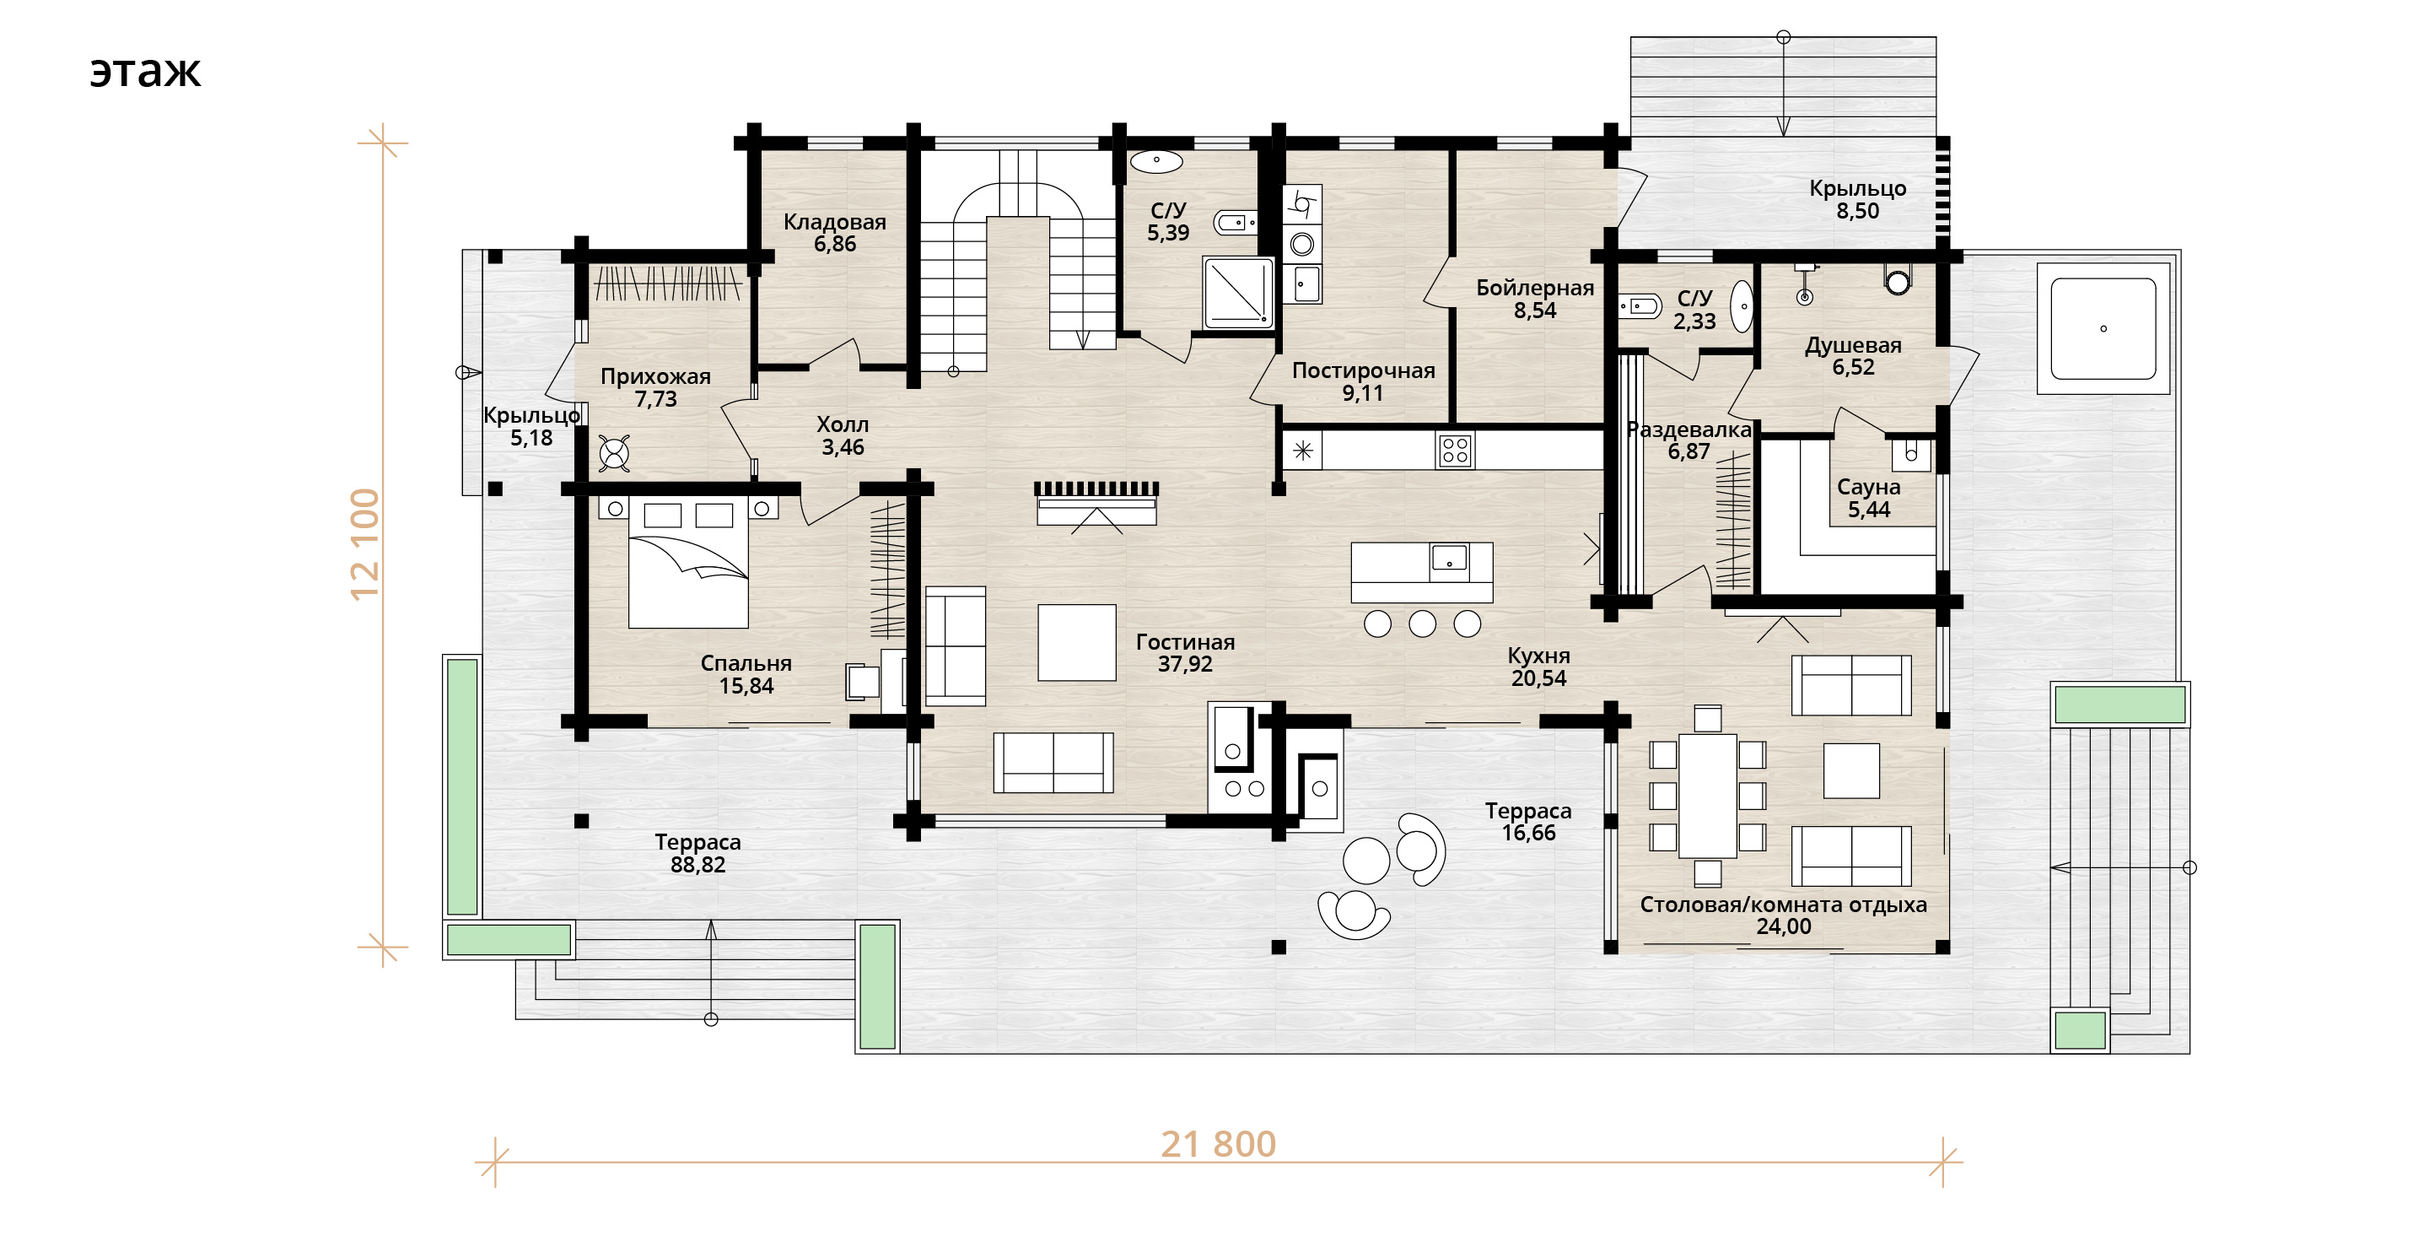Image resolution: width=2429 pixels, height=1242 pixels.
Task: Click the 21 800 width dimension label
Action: (1218, 1144)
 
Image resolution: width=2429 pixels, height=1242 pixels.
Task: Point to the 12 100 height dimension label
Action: (365, 544)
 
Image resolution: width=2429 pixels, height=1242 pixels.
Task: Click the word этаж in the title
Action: (145, 72)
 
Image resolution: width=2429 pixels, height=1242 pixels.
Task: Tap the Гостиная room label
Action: (1185, 641)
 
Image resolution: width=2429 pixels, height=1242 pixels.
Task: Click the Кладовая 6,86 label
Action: (834, 232)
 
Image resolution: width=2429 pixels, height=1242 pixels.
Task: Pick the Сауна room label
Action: (1868, 487)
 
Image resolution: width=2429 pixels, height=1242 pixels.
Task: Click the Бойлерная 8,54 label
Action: (1535, 298)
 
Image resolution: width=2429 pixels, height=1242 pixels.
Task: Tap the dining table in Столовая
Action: (1708, 796)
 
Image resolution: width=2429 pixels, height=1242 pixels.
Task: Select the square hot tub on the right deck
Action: (2103, 328)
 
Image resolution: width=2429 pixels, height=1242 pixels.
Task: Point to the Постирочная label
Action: (1364, 370)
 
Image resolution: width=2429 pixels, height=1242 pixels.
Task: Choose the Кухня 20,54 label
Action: (1539, 666)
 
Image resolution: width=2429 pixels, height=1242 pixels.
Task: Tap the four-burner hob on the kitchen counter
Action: (1455, 450)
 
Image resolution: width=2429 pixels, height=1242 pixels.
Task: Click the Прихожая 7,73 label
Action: (655, 386)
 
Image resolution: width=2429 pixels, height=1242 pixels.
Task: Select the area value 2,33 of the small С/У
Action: (1694, 321)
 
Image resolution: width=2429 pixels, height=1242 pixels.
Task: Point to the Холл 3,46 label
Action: (842, 435)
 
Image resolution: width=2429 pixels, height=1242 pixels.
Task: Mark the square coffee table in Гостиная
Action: (1077, 642)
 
